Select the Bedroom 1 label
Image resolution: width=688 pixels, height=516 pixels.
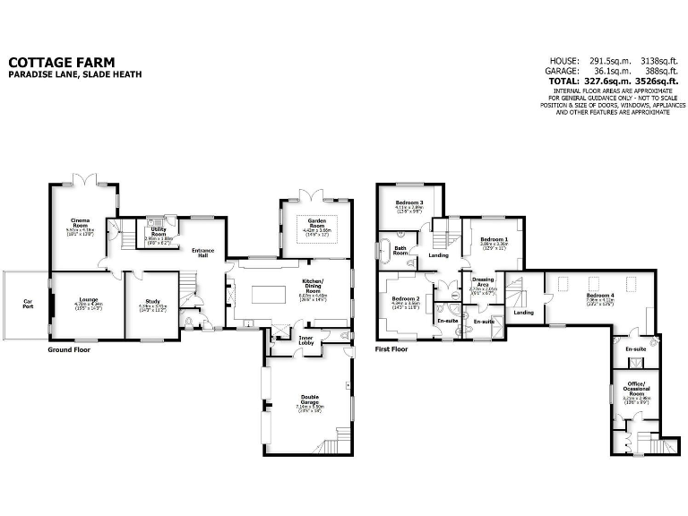(494, 239)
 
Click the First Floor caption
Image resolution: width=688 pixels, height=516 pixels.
(391, 349)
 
